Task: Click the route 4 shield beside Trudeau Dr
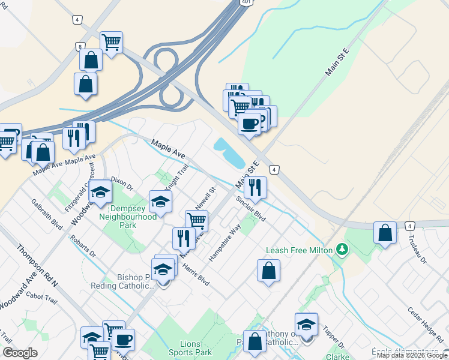click(410, 226)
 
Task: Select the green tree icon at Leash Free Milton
click(342, 248)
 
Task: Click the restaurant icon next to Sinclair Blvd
click(255, 187)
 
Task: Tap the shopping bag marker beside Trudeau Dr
click(385, 233)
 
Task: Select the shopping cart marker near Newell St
click(196, 220)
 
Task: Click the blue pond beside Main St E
click(229, 153)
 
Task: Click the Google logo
click(20, 353)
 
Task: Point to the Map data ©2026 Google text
click(412, 355)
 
